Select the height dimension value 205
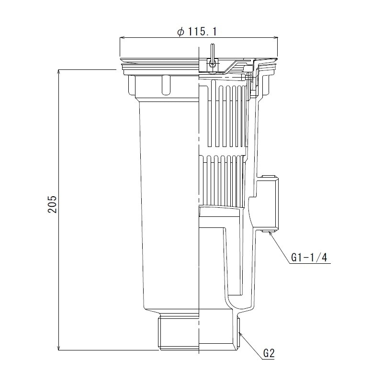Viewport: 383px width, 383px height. pos(53,203)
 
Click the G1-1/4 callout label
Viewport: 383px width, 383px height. pos(308,258)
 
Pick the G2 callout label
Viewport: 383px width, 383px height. pos(269,355)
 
